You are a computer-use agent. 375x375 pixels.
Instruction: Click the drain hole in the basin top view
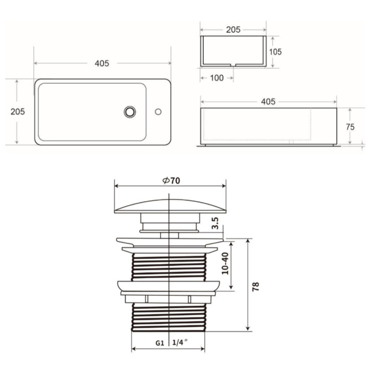click(130, 112)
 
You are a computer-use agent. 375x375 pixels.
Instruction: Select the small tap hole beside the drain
click(158, 112)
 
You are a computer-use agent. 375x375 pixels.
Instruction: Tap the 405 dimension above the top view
click(102, 63)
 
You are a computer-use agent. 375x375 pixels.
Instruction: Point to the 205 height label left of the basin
click(18, 112)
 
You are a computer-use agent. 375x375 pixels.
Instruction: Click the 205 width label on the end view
click(233, 30)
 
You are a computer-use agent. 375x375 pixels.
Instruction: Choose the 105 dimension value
click(275, 52)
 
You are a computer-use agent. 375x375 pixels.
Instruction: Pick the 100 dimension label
click(217, 78)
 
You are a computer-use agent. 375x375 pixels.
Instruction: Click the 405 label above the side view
click(268, 102)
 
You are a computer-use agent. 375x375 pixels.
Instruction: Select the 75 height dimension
click(350, 127)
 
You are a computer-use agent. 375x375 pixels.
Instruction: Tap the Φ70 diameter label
click(171, 181)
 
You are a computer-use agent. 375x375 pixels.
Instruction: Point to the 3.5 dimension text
click(215, 223)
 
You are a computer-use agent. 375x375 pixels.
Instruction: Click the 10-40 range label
click(225, 263)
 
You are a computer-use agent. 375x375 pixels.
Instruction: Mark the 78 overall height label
click(256, 286)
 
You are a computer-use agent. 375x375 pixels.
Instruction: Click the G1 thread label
click(160, 343)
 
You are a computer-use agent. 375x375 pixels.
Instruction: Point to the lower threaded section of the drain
click(169, 317)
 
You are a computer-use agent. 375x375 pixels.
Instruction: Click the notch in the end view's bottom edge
click(233, 65)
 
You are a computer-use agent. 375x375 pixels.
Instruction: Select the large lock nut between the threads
click(169, 286)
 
